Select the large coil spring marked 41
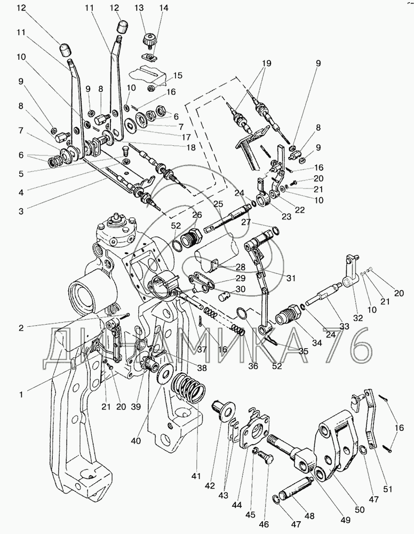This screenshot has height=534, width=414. click(x=189, y=387)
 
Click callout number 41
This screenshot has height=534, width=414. click(x=196, y=476)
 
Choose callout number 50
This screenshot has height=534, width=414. click(x=360, y=510)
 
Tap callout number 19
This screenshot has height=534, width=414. click(x=267, y=64)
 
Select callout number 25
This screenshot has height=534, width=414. click(x=218, y=203)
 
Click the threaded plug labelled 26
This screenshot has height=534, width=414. click(x=190, y=238)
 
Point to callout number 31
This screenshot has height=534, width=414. click(x=291, y=278)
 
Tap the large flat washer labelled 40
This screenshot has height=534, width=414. click(x=165, y=375)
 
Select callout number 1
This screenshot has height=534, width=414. click(x=21, y=395)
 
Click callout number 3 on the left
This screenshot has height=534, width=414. click(x=21, y=211)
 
